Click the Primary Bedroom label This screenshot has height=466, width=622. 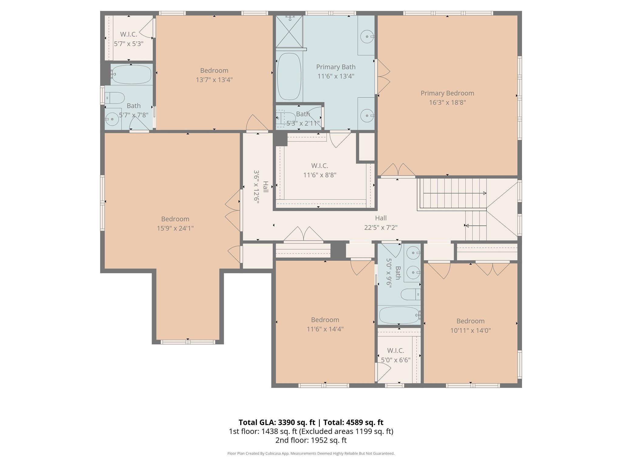(447, 93)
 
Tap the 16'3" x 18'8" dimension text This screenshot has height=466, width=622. (447, 103)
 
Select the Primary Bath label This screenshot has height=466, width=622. (336, 67)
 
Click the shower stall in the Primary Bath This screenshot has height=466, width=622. (289, 32)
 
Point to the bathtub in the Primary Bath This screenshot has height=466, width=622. (289, 76)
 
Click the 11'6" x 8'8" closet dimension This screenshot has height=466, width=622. (320, 175)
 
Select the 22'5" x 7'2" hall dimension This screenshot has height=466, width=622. (381, 227)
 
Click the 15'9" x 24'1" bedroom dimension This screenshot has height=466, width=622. (175, 228)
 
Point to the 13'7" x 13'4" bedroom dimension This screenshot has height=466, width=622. (214, 80)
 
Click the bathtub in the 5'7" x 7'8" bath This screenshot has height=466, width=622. (131, 75)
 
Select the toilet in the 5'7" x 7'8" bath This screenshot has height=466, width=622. (115, 98)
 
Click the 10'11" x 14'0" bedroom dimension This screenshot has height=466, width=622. (470, 330)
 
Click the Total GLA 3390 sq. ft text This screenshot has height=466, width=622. (277, 422)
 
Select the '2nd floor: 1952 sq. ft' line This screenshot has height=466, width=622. (311, 440)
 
